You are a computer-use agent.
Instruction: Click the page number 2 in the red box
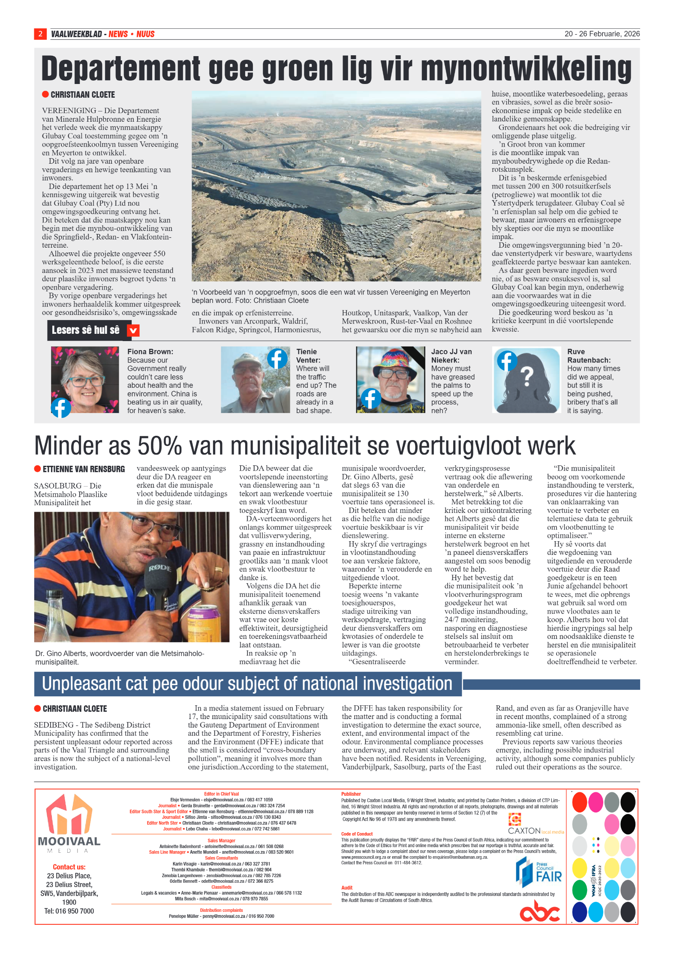40,34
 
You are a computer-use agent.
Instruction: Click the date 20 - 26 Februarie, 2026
602,34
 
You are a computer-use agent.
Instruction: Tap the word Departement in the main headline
120,69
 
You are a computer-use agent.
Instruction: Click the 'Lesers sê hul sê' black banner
86,330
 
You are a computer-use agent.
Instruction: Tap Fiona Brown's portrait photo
85,380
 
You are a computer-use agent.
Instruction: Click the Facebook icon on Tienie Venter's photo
277,358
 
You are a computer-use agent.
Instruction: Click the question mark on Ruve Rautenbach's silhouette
527,377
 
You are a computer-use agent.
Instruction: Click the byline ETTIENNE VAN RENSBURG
84,469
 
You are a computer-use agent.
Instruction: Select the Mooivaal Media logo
69,823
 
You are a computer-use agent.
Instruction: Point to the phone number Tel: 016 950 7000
69,911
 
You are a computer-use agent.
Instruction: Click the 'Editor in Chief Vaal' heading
221,794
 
